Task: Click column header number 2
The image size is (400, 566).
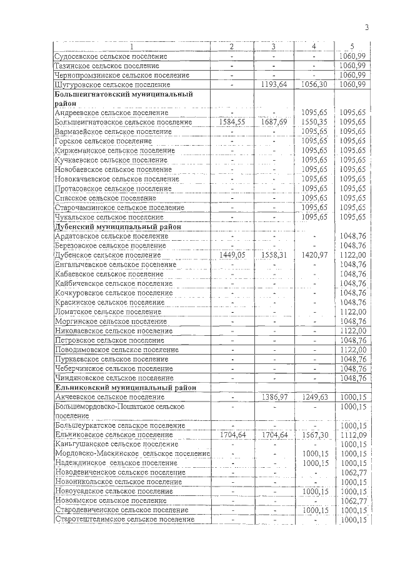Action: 231,46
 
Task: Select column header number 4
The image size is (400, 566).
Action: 314,46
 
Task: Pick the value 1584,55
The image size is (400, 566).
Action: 232,122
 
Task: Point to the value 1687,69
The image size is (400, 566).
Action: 274,122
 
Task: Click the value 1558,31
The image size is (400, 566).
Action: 274,255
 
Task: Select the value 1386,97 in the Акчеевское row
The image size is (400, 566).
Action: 274,397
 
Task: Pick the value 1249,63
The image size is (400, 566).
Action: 314,397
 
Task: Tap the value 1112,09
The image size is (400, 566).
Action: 353,435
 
